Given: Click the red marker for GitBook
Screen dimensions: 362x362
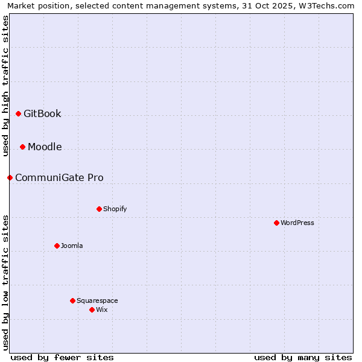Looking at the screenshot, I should [x=18, y=113].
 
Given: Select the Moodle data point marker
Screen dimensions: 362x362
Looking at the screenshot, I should [x=22, y=147].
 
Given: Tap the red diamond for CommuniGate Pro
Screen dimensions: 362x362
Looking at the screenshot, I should [x=10, y=177].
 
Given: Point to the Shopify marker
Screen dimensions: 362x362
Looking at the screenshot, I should [x=99, y=209].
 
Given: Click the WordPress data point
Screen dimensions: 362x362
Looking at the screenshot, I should [x=276, y=223].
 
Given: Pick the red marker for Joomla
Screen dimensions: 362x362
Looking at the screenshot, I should [x=57, y=246].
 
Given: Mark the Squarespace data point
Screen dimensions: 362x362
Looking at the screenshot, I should [x=72, y=300].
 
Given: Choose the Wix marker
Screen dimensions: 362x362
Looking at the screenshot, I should [x=92, y=310].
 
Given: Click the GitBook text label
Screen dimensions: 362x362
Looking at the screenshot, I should [x=42, y=113].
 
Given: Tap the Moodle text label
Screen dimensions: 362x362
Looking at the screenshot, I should [x=45, y=147].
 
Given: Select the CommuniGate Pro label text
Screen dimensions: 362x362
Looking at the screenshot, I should [x=59, y=177].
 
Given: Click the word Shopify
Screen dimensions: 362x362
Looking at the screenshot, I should [x=115, y=209].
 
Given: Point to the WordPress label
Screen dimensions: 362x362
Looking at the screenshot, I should [x=297, y=223].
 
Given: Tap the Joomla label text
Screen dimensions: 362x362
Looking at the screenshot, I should [x=72, y=246].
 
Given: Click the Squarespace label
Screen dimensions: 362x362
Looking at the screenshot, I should [x=97, y=300].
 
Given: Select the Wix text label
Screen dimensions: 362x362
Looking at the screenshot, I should [x=101, y=310].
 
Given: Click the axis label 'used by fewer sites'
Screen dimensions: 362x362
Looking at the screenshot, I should [x=62, y=357].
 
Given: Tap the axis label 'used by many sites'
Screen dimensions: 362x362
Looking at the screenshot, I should [x=303, y=357].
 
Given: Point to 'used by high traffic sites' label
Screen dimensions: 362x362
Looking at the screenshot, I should [x=5, y=86].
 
